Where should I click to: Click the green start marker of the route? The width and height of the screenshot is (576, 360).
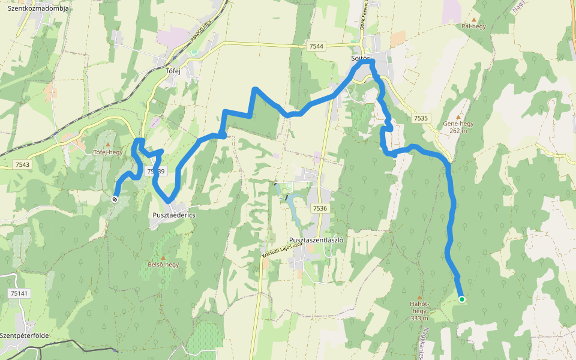pyautogui.click(x=461, y=299)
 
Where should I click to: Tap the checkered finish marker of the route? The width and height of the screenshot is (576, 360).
pyautogui.click(x=115, y=199)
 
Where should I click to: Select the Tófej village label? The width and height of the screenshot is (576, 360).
pyautogui.click(x=173, y=70)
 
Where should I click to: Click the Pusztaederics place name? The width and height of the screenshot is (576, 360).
pyautogui.click(x=174, y=215)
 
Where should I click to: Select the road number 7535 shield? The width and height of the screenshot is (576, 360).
pyautogui.click(x=421, y=118)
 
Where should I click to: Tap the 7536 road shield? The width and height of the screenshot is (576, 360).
pyautogui.click(x=320, y=208)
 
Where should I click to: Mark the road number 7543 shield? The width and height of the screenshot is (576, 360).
pyautogui.click(x=22, y=164)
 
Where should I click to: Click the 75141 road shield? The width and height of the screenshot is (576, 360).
pyautogui.click(x=18, y=276)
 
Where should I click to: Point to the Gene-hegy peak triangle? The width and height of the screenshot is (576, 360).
pyautogui.click(x=459, y=116)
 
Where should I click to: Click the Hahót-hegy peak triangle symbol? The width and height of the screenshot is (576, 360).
pyautogui.click(x=419, y=297)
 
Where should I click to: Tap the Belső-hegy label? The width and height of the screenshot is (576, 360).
pyautogui.click(x=163, y=264)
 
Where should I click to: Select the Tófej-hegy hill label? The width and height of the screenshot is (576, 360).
pyautogui.click(x=108, y=152)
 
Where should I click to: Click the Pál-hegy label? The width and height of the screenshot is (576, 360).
pyautogui.click(x=474, y=26)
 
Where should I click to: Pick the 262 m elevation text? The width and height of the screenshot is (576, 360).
pyautogui.click(x=458, y=130)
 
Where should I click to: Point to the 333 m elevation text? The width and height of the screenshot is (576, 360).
pyautogui.click(x=419, y=318)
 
